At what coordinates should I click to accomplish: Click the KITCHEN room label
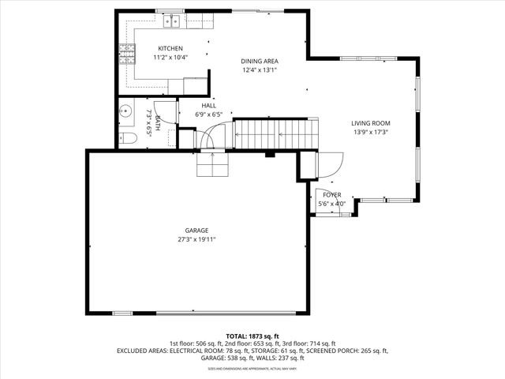coord(170,48)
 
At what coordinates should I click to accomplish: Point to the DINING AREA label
coord(260,61)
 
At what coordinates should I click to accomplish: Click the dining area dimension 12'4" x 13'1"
coord(260,69)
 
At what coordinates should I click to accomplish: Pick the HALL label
coord(208,106)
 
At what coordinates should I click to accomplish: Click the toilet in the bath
coord(128,139)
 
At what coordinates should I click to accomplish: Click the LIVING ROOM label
coord(371,123)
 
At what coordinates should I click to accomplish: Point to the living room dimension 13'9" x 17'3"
coord(371,133)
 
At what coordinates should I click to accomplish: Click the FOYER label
coord(331,194)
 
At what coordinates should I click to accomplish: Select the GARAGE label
coord(196,231)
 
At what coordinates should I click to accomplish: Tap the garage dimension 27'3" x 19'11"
coord(196,239)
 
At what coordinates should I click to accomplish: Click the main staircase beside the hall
coord(275,133)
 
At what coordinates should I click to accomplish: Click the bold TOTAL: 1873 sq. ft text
coord(252,336)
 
